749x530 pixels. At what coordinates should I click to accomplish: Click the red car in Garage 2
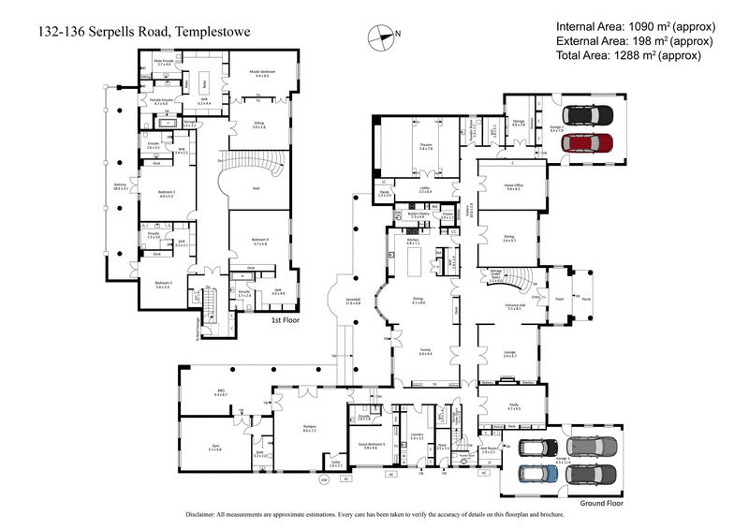(x=589, y=144)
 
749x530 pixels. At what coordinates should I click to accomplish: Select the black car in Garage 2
(x=589, y=116)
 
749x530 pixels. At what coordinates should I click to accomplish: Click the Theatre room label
(x=425, y=146)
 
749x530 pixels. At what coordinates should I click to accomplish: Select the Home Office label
(x=513, y=186)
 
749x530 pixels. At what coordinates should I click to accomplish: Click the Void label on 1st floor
(x=255, y=187)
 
